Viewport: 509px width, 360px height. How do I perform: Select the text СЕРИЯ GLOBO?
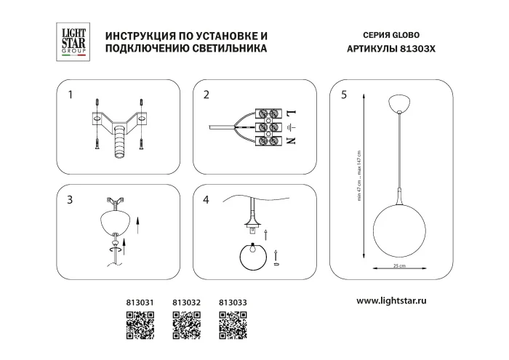coord(390,35)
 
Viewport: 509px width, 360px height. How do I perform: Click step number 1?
coord(71,95)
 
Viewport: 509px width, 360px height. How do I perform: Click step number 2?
coord(207,95)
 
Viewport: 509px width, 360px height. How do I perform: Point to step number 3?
coord(71,200)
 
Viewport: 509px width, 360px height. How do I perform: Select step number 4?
coord(207,200)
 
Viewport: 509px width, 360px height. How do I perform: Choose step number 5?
coord(343,95)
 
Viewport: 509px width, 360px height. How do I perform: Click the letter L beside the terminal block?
coord(294,113)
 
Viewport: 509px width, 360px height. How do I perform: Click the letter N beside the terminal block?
coord(294,140)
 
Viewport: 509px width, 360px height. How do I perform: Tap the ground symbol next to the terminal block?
coord(293,127)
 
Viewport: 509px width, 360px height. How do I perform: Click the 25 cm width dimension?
coord(398,266)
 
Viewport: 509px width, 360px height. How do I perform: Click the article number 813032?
coord(186,301)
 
